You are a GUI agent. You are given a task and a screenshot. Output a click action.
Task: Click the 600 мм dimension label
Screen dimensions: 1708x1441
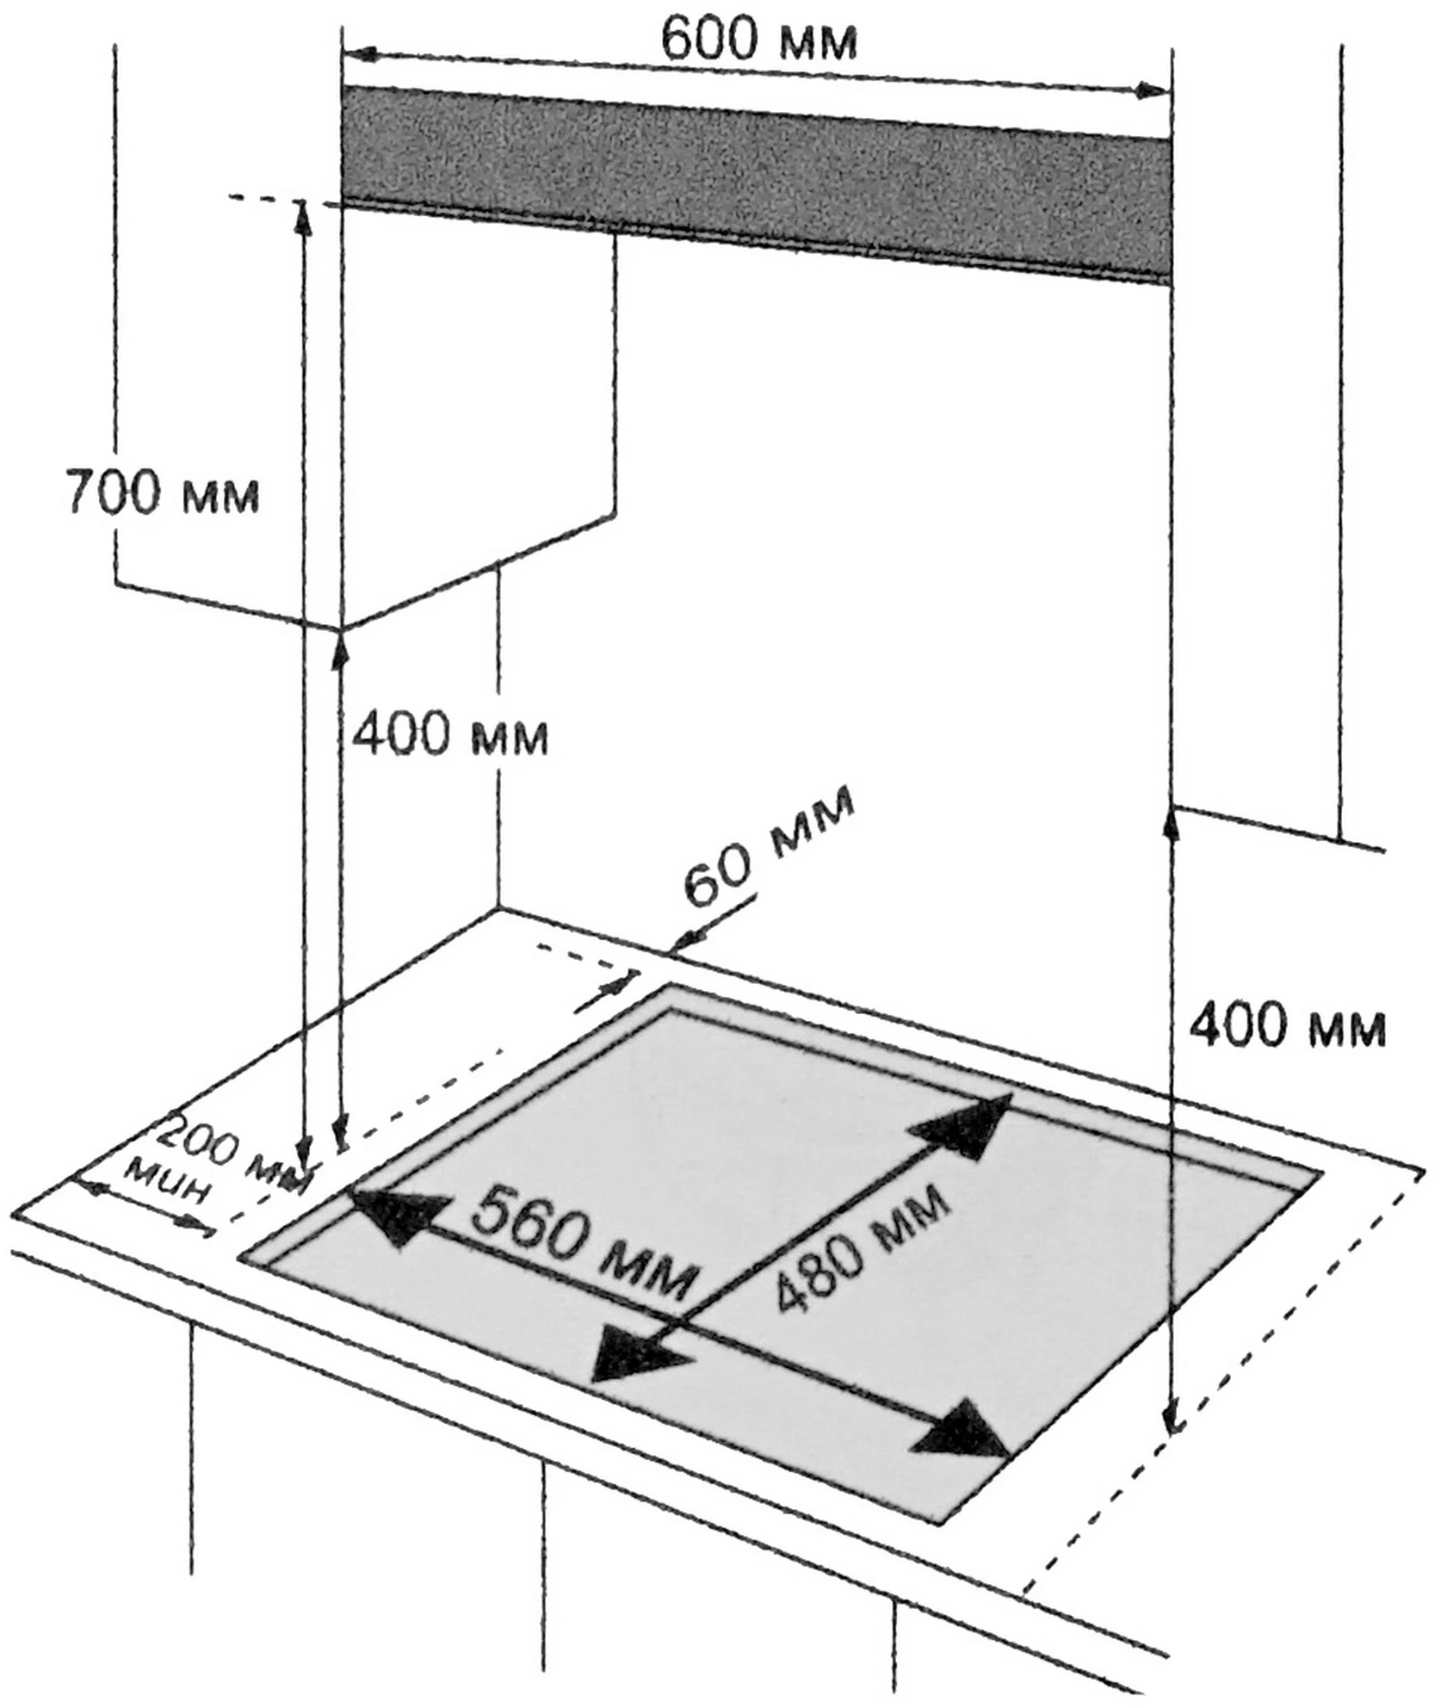click(758, 40)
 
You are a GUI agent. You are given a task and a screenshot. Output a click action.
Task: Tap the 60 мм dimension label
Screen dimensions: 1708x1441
click(769, 845)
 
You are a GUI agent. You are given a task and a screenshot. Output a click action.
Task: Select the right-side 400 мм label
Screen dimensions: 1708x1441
click(1287, 1026)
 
